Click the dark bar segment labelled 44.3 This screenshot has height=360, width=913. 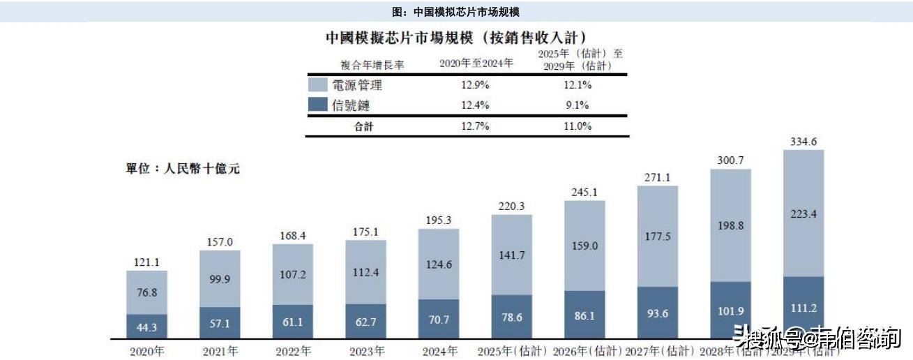[146, 326]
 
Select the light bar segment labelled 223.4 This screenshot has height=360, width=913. [803, 213]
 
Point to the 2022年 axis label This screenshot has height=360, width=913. [292, 351]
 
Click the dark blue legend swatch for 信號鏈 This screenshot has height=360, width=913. [318, 105]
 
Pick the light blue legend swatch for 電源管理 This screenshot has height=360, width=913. [318, 85]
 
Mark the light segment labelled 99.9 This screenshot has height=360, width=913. [220, 279]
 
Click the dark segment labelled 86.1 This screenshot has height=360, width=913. [584, 315]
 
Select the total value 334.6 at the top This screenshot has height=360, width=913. [803, 142]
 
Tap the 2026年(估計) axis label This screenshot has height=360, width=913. [586, 351]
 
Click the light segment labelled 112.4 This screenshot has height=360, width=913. [366, 272]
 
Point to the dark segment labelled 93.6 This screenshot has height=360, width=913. [657, 313]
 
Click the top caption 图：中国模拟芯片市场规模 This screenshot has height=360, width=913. [456, 12]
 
